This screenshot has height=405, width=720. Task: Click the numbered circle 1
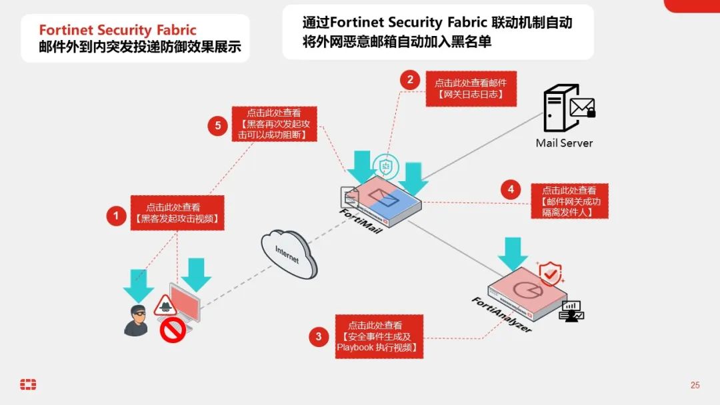[117, 216]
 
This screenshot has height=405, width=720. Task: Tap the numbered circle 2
[410, 80]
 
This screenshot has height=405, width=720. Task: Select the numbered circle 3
[318, 336]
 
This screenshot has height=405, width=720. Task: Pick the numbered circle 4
[510, 190]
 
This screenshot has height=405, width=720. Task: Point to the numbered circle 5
[217, 126]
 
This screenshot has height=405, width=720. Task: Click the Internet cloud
[289, 252]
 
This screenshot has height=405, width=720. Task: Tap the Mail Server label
[564, 143]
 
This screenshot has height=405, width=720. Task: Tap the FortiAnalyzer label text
[501, 315]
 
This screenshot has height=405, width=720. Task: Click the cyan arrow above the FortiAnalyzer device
[513, 252]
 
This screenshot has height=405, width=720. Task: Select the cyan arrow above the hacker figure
[138, 284]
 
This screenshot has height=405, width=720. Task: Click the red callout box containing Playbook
[379, 336]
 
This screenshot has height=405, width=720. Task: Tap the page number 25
[695, 385]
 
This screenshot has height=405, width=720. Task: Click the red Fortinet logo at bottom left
[28, 384]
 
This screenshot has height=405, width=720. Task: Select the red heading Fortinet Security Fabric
[117, 30]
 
